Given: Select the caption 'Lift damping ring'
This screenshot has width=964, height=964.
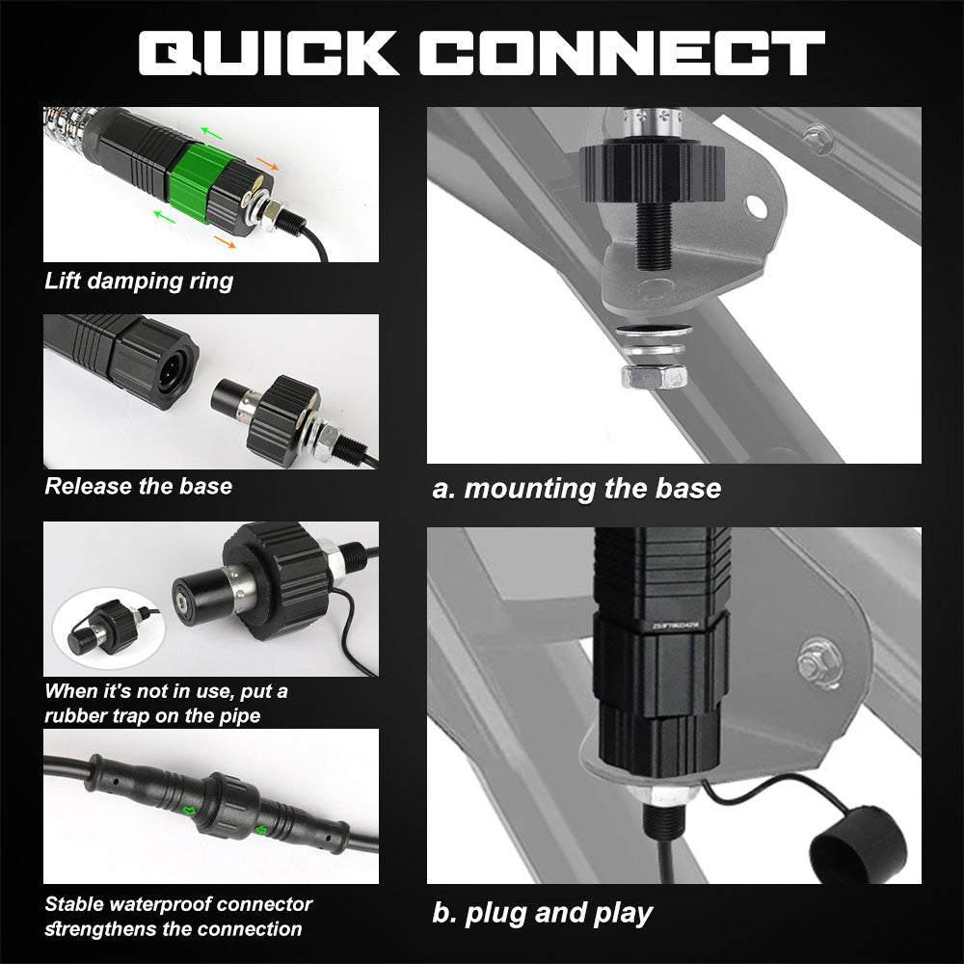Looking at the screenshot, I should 139,281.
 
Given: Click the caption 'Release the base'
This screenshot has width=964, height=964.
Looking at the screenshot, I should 139,485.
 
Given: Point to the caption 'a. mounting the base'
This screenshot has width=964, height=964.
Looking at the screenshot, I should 576,488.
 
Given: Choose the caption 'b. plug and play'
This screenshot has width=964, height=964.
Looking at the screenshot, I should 542,912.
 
